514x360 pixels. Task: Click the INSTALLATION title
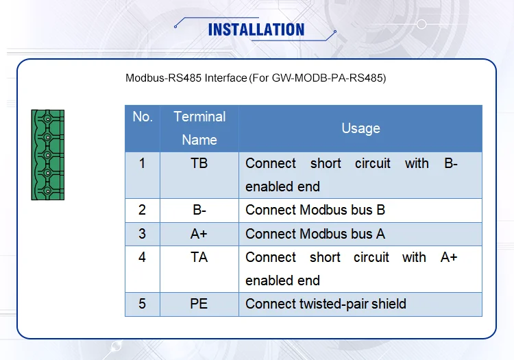click(x=256, y=29)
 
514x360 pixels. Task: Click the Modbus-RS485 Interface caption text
click(x=256, y=78)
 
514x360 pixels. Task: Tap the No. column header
click(x=143, y=117)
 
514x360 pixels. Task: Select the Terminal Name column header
click(x=199, y=128)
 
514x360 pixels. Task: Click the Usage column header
click(x=360, y=128)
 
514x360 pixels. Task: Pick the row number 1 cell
click(x=143, y=164)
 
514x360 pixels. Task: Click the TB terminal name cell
click(x=199, y=164)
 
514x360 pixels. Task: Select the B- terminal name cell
click(x=199, y=211)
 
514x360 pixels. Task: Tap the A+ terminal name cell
click(x=199, y=234)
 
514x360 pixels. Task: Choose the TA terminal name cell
click(x=199, y=257)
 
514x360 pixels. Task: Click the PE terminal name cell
click(x=199, y=304)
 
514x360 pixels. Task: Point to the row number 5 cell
click(x=143, y=304)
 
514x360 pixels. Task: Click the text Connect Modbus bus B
click(x=315, y=211)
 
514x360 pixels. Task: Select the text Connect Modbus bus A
click(x=315, y=234)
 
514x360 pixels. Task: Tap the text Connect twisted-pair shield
click(x=326, y=304)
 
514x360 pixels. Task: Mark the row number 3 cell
click(x=143, y=234)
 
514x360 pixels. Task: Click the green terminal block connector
click(x=47, y=155)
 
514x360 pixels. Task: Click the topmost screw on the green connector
click(x=47, y=120)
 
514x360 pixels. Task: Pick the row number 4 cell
click(x=143, y=257)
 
